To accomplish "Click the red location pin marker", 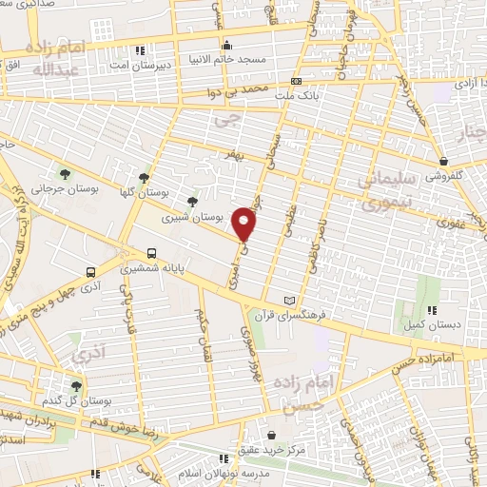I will click(245, 223).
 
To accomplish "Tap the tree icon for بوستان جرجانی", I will click(65, 173).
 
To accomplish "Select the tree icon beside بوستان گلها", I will click(144, 176).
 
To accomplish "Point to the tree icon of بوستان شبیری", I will click(193, 202).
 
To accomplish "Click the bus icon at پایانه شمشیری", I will click(152, 253).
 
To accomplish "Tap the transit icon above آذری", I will click(89, 270).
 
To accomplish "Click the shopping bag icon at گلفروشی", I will click(444, 161).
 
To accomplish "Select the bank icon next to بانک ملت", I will click(296, 82).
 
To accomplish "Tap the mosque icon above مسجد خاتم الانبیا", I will click(225, 46).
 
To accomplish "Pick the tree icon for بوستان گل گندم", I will click(76, 386).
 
